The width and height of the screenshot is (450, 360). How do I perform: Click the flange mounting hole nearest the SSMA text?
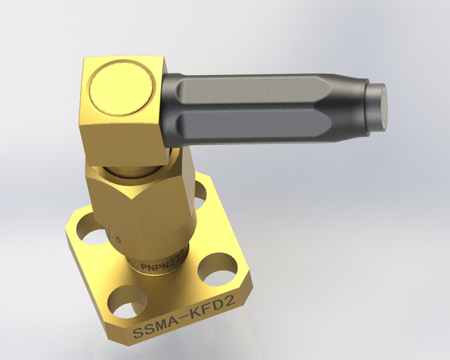coord(126,302)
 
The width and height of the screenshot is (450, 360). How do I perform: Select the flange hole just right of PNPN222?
coord(217,269)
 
